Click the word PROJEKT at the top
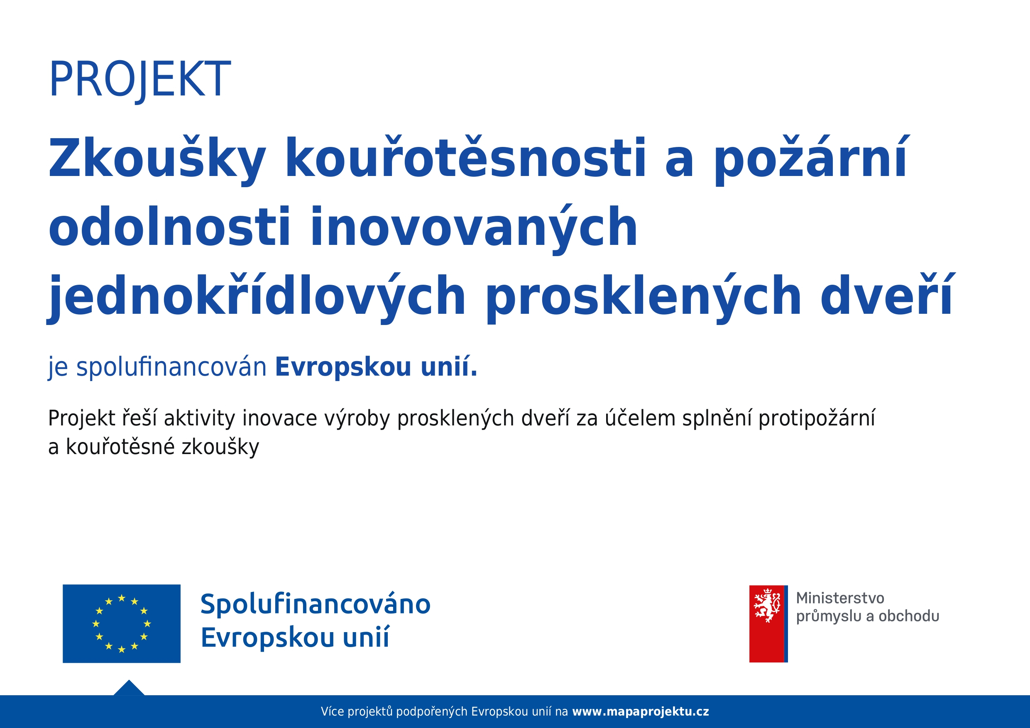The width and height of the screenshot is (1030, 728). (140, 80)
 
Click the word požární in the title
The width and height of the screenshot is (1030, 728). (811, 160)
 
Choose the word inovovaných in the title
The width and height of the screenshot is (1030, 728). (473, 229)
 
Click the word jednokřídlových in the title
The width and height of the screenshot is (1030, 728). (256, 298)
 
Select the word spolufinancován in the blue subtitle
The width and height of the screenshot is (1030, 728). (171, 368)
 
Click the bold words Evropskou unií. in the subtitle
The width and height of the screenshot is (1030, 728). (377, 367)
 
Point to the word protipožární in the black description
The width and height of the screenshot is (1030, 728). (817, 419)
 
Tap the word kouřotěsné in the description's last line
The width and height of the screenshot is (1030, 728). (120, 447)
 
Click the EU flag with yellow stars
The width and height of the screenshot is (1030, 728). (122, 623)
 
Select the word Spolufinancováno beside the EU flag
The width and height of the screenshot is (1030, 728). (316, 604)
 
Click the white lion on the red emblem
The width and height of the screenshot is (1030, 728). (767, 606)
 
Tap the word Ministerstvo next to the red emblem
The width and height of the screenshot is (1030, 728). (840, 598)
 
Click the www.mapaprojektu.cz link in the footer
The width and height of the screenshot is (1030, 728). (641, 711)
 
